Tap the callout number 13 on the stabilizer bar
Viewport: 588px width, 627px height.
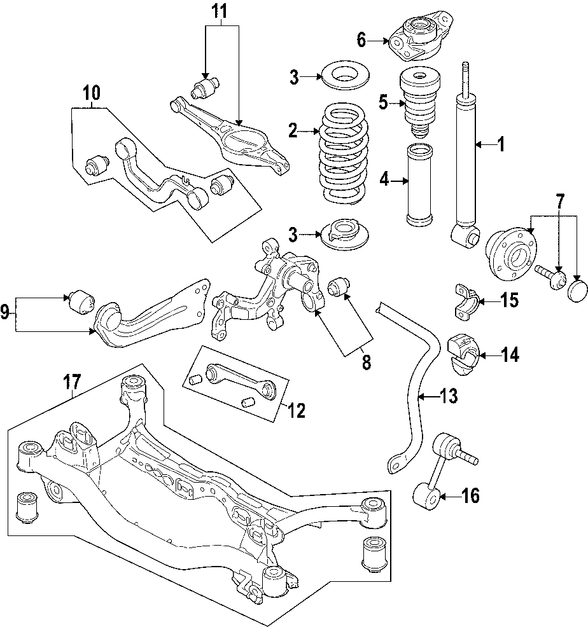(x=449, y=397)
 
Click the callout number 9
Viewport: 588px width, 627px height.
(x=5, y=311)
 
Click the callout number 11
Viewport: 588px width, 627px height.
(x=220, y=11)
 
